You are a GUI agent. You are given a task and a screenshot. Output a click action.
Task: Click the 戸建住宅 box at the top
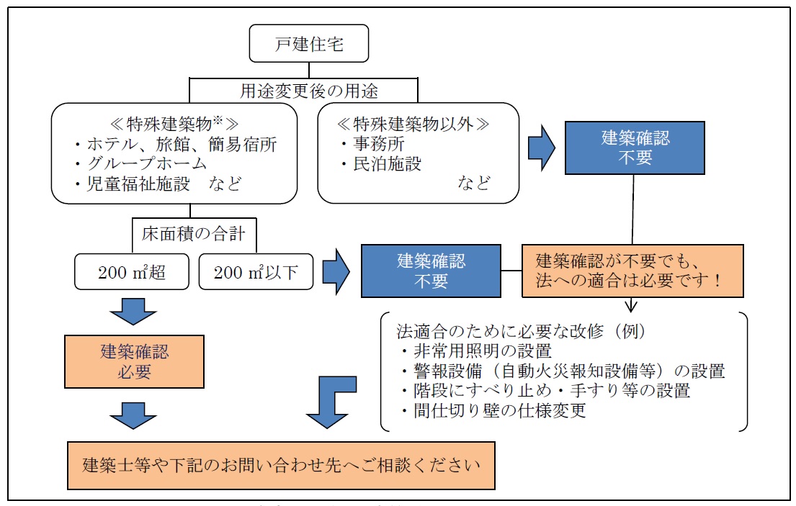[310, 45]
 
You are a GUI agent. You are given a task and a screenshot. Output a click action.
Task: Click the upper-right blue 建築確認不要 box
[635, 148]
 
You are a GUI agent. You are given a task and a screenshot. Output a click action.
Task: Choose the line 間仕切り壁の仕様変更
[492, 411]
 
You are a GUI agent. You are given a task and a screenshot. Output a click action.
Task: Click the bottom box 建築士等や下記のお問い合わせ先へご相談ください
[281, 464]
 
